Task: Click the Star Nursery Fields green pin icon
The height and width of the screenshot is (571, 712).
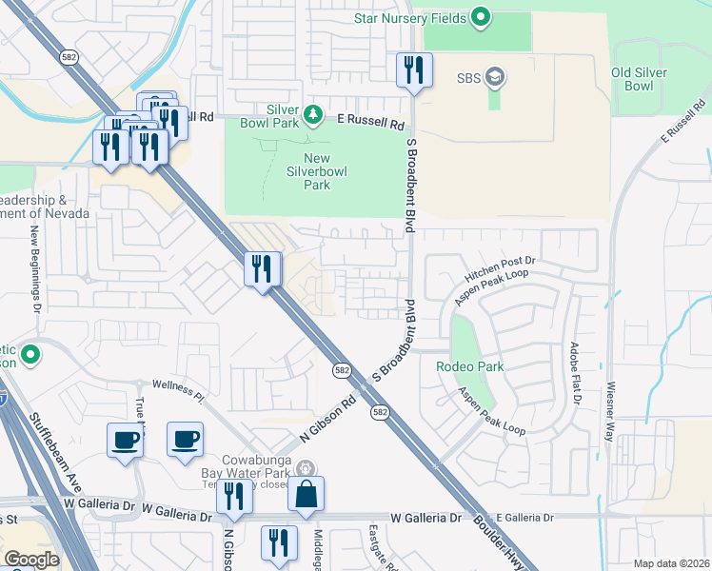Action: click(481, 16)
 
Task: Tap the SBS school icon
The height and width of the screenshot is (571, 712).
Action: click(494, 75)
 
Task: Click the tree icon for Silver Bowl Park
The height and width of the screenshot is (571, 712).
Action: click(313, 115)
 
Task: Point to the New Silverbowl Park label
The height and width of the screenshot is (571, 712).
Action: click(317, 171)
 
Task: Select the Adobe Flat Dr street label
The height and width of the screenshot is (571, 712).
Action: click(575, 374)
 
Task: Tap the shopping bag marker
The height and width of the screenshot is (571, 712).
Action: click(306, 495)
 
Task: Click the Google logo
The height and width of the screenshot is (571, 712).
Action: click(31, 560)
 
